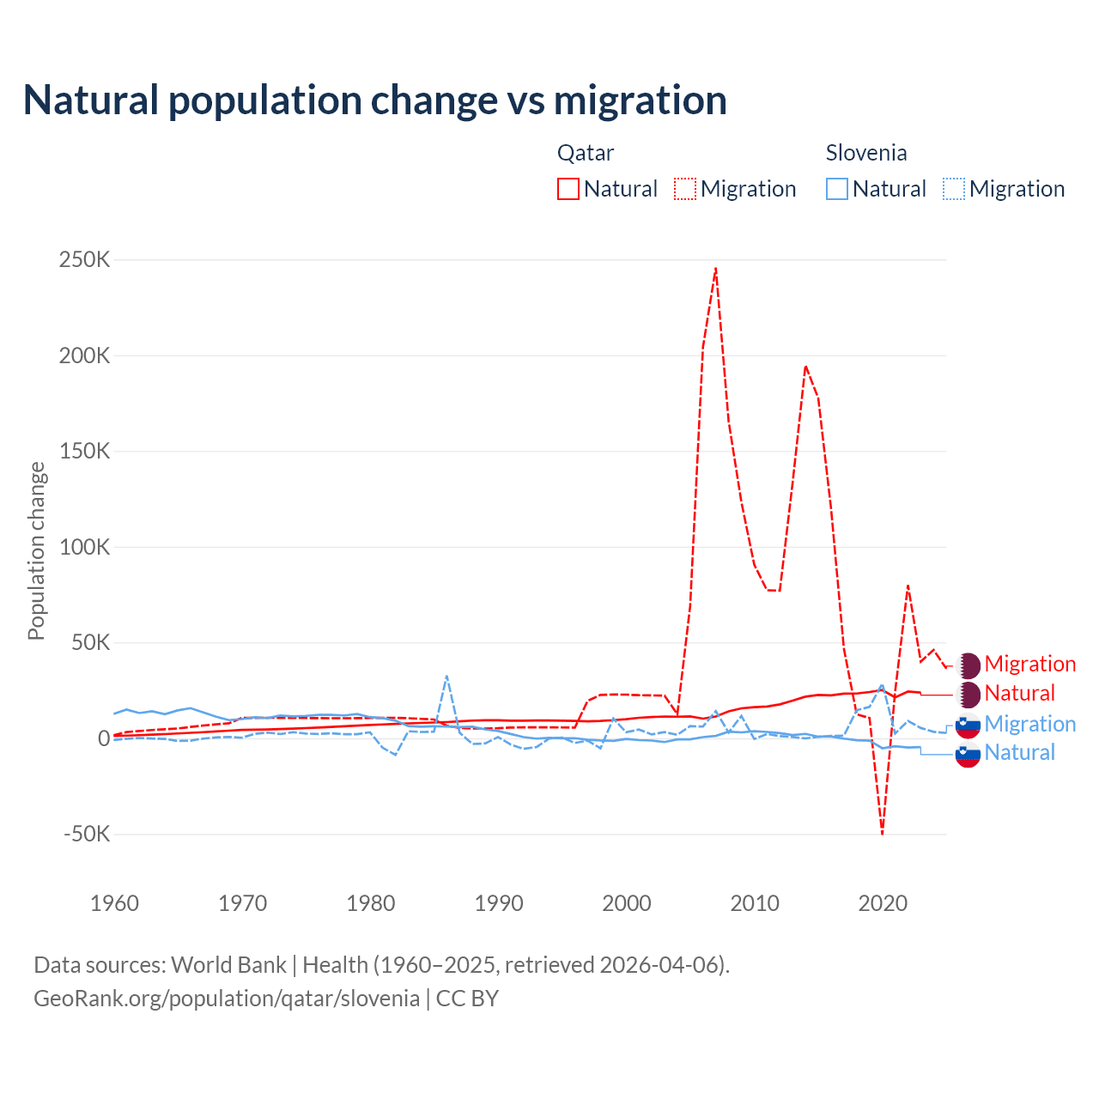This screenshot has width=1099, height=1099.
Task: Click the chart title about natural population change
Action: (x=375, y=100)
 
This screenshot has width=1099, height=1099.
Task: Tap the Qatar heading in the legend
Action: (x=586, y=153)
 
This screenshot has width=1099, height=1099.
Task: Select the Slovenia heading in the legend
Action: (x=865, y=153)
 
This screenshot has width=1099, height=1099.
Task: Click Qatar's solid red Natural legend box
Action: (x=568, y=189)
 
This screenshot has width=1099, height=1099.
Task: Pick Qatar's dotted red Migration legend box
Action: (x=685, y=189)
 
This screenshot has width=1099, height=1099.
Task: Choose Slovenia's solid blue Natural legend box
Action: (x=837, y=189)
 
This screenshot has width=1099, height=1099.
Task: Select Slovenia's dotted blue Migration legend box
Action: (x=954, y=189)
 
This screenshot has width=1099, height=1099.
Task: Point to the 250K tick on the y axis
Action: (x=84, y=259)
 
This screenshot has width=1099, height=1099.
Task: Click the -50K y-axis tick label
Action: (x=87, y=834)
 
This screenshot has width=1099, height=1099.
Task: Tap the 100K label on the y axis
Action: (x=84, y=547)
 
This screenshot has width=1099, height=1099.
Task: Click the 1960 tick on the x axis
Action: (x=114, y=903)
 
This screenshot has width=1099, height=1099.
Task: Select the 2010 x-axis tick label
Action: (x=755, y=903)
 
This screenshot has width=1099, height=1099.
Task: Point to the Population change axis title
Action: (x=36, y=550)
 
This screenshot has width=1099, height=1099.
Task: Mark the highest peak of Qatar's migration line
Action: (x=715, y=269)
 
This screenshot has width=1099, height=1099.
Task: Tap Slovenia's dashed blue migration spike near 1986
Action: (x=446, y=677)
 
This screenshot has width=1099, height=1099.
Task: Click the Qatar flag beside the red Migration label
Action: (x=968, y=665)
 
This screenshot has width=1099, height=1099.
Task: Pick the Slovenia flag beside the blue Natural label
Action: (x=968, y=754)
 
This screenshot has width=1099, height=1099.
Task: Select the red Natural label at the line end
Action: (x=1019, y=693)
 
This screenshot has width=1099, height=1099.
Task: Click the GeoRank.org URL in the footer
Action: (x=227, y=999)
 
